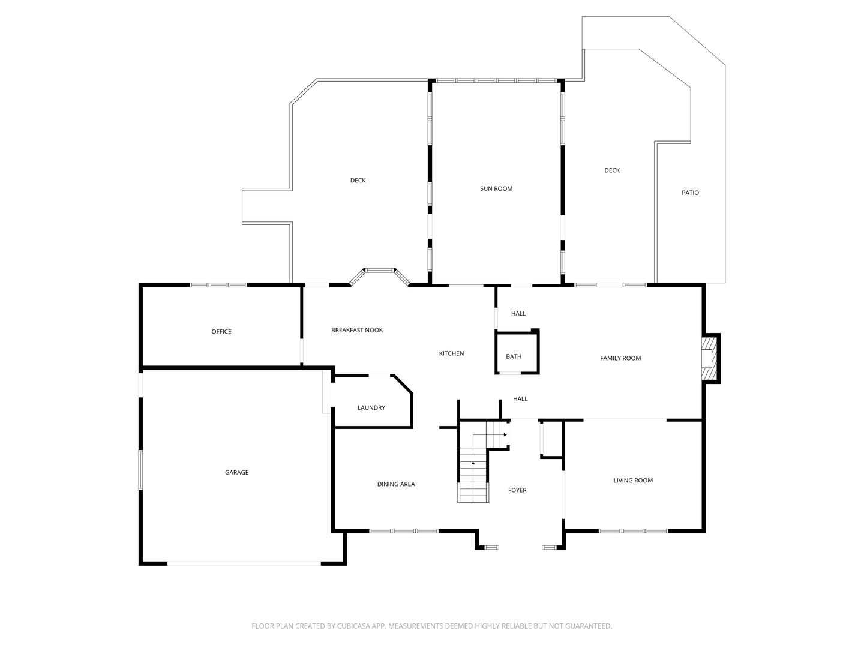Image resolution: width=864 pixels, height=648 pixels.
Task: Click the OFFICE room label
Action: pos(221,332)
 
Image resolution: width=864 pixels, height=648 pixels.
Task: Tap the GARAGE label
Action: pos(236,472)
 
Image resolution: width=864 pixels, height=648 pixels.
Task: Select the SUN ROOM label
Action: pos(496,188)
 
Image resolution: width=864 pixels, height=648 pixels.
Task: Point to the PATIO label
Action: pos(690,193)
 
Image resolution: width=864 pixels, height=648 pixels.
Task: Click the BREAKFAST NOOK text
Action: pos(356,330)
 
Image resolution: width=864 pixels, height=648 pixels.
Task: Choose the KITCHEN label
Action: pos(451,353)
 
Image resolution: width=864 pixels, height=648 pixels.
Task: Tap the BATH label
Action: pos(513,356)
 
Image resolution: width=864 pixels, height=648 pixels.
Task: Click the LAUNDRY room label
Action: pos(371,407)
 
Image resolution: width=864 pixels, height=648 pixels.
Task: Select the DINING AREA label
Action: pos(396,484)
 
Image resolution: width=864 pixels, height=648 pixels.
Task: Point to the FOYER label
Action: pos(517,490)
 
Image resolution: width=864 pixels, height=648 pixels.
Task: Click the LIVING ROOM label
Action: pos(633,480)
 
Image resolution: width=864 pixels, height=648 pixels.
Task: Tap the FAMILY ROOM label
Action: pos(620,358)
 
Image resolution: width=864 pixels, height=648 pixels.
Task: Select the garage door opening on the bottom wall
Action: pos(244,563)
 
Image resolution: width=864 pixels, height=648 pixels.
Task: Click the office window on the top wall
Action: pos(218,285)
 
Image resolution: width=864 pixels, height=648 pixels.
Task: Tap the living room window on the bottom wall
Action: pos(633,531)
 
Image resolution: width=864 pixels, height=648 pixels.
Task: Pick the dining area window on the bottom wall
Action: pos(404,531)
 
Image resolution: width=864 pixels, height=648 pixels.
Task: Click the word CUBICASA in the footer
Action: pos(353,626)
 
